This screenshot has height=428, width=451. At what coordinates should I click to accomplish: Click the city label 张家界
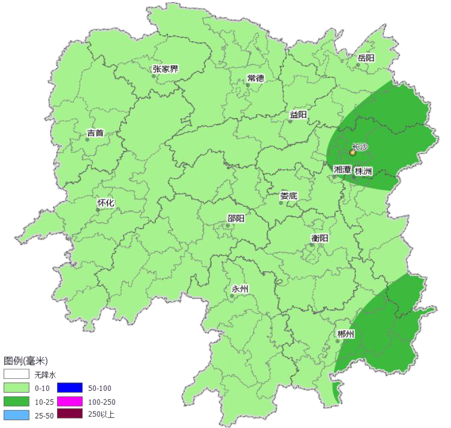pos(165,69)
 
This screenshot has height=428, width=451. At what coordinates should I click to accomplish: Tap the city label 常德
pos(255,78)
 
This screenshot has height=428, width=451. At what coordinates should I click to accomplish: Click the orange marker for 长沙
pos(353,153)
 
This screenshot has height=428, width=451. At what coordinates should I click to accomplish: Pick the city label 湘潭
pos(342,170)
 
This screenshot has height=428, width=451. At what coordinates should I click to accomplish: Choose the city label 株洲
pos(363,171)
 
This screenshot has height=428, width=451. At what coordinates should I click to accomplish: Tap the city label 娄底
pos(289,196)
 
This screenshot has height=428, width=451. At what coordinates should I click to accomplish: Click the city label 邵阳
pos(235,218)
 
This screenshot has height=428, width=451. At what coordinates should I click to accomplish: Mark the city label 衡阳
pos(319,238)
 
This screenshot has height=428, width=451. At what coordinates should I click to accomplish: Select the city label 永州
pos(240,289)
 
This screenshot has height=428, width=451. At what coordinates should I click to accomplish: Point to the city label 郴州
pos(345,334)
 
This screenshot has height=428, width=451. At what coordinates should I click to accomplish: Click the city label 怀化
pos(105,203)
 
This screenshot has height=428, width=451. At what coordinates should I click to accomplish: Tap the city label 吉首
pos(95,133)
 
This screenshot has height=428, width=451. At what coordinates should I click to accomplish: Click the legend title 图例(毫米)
pos(26,361)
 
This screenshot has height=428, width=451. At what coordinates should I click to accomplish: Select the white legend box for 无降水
pos(16,374)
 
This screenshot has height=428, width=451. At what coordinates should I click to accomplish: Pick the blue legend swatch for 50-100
pos(69,388)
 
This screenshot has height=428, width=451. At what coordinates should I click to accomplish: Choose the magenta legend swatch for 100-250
pos(69,401)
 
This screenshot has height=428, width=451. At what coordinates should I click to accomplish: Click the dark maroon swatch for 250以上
pos(69,414)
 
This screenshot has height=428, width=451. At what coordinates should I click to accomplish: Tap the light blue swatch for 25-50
pos(16,415)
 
